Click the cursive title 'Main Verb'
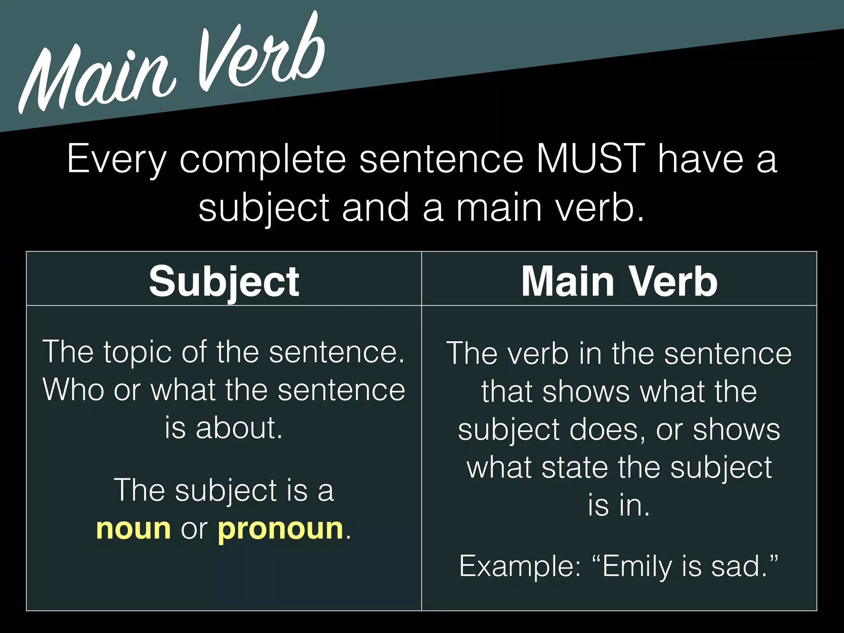[x=173, y=66]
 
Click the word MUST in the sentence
[x=590, y=159]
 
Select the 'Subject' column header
[x=224, y=281]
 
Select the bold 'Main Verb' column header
[x=619, y=281]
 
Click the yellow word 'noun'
[x=133, y=529]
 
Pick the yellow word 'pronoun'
[x=280, y=530]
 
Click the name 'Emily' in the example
[x=637, y=567]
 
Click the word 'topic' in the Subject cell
[x=137, y=353]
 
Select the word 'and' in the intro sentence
[x=375, y=208]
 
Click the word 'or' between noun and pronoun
[x=194, y=529]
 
